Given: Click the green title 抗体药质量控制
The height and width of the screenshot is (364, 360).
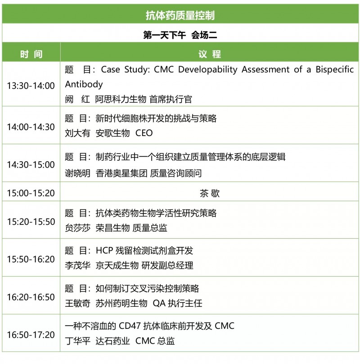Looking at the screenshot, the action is coord(180,15).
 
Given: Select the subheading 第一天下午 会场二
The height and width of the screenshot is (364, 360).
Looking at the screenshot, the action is coord(180,35).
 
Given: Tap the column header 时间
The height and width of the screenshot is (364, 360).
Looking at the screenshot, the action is coord(31,54).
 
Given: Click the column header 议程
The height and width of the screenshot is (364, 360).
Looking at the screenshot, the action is coord(209,54).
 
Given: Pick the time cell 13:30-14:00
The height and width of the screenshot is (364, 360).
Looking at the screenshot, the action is coord(31,86).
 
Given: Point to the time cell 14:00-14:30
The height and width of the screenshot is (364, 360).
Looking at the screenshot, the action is coord(31,127).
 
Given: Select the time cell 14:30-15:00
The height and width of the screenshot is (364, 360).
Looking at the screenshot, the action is coord(31,164).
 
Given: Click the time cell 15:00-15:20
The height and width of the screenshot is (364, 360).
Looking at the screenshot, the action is coord(31,193).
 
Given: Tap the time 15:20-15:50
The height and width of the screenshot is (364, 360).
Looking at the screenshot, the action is coord(31,222).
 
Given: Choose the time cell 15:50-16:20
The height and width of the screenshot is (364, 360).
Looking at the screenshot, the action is coord(31,259).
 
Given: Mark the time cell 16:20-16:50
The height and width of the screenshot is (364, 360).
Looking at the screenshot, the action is coord(31,297).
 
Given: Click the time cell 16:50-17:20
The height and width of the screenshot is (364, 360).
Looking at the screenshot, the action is coord(31,335).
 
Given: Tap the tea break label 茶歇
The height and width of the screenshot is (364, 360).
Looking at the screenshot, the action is coord(209,193).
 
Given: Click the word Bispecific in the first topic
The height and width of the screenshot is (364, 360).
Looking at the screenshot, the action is coord(334,70).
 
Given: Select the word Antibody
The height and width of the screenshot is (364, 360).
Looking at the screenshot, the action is coord(84,85).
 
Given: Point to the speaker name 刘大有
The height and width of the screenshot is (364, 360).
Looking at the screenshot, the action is coord(77,133).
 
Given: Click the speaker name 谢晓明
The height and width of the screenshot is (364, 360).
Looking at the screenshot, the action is coord(77,173).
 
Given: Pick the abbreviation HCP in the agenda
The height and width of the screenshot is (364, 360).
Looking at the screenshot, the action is coord(104,251).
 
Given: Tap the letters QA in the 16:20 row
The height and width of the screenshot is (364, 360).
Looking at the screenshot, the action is coord(159,303).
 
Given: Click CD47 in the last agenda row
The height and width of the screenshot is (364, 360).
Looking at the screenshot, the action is coord(130,326).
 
